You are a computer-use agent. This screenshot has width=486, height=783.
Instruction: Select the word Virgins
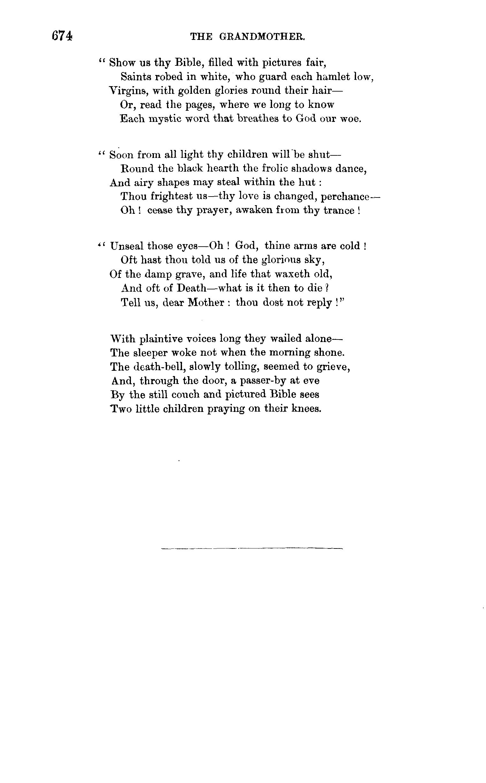click(x=128, y=91)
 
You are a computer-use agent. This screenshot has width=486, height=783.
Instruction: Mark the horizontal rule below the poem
click(x=252, y=548)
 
